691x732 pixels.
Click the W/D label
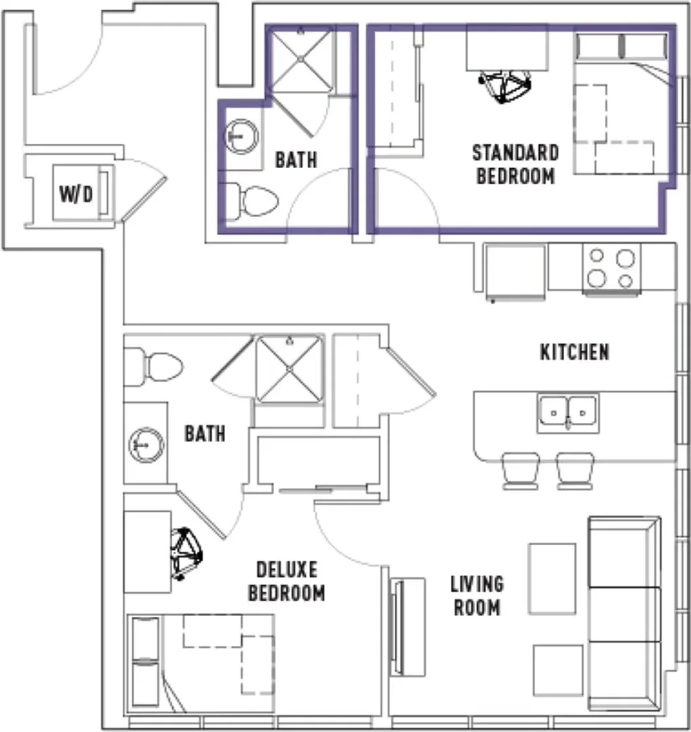point(76,195)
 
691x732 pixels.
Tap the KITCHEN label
point(574,352)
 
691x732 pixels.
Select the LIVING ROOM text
point(477,596)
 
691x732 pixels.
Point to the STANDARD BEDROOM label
point(515,164)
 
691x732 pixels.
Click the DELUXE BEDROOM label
point(286,582)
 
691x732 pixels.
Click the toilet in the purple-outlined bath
point(252,201)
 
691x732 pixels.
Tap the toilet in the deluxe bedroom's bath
point(153,367)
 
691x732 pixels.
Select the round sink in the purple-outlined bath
point(241,136)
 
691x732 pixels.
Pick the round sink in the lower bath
point(146,445)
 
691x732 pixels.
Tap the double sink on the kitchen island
point(568,413)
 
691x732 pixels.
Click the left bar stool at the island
point(521,470)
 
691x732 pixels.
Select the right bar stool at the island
point(575,470)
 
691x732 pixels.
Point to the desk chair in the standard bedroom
point(505,86)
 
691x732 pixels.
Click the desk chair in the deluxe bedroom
point(186,554)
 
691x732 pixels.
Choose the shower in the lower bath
point(290,369)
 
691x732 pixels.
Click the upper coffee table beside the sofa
point(552,578)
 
